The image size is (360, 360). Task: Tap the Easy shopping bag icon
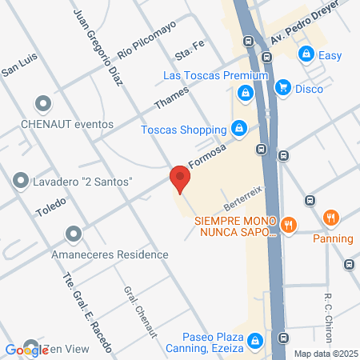(305, 54)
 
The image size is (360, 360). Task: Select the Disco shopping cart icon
(282, 88)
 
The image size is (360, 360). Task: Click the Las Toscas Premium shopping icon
(245, 94)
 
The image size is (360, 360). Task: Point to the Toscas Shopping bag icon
(238, 128)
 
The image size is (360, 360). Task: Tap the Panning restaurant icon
(331, 217)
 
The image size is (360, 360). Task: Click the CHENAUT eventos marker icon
(43, 104)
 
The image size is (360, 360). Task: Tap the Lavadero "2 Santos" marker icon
(21, 181)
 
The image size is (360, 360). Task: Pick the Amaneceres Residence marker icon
(74, 234)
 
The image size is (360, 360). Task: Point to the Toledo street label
(50, 210)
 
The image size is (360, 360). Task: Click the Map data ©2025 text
(323, 353)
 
